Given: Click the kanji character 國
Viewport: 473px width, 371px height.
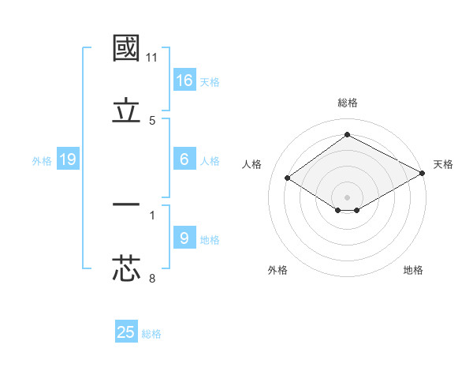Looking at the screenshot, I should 127,48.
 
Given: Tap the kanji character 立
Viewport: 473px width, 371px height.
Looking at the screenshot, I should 127,111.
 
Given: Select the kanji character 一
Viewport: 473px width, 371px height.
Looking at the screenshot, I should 127,204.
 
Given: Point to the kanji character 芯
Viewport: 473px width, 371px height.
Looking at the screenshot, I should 127,268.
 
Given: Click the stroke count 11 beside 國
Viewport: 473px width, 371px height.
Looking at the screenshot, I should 152,58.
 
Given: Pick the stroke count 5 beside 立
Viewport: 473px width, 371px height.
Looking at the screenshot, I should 152,121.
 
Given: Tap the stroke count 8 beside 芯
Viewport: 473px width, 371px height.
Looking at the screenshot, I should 152,278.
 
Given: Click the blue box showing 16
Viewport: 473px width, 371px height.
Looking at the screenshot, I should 184,80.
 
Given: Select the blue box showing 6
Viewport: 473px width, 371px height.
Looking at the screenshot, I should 184,159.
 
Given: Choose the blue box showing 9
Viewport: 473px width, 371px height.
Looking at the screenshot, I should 184,238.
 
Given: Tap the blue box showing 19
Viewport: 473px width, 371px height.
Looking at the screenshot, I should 68,159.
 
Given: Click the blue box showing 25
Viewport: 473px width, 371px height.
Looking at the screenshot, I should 126,332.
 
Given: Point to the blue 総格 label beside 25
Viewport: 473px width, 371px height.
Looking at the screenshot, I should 151,334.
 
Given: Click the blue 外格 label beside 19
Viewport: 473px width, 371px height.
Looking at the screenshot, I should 42,161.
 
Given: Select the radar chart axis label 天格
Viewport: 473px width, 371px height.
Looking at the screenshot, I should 443,164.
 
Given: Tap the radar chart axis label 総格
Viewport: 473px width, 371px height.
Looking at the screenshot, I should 348,103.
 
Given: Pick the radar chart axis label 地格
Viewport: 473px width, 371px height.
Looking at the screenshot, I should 413,270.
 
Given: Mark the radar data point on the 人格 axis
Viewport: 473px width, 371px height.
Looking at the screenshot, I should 288,178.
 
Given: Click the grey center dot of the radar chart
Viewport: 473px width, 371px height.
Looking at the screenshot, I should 348,197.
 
